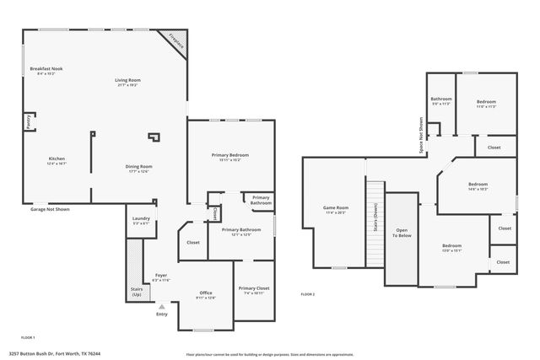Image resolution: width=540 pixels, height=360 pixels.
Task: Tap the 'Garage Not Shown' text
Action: point(50,208)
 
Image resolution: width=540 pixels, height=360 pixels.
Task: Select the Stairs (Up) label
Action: point(136,291)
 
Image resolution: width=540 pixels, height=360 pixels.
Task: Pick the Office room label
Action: point(206,293)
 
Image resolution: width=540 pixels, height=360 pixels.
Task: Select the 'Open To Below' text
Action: point(401,234)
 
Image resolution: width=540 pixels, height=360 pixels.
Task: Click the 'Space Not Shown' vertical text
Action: point(421,135)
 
